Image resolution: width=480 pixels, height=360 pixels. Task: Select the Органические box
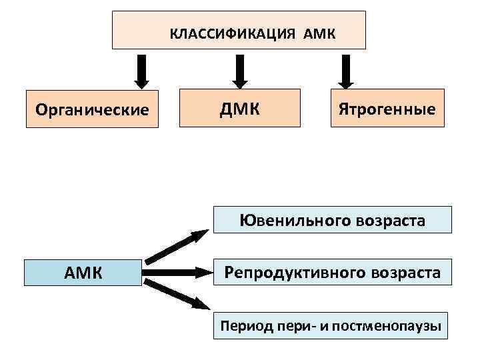[92, 109]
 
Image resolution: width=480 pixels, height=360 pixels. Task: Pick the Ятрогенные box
[387, 107]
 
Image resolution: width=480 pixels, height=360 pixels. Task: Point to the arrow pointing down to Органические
[141, 71]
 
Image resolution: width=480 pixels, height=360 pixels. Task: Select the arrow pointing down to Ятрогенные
[345, 71]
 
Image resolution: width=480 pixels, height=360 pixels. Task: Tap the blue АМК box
[83, 272]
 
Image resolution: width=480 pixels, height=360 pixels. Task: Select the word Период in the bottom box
[243, 326]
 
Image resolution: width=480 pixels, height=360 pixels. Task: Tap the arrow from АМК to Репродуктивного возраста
[177, 272]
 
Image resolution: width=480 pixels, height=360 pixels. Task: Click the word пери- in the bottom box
[286, 326]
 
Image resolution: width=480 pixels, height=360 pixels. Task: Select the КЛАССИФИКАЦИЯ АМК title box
[239, 30]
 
